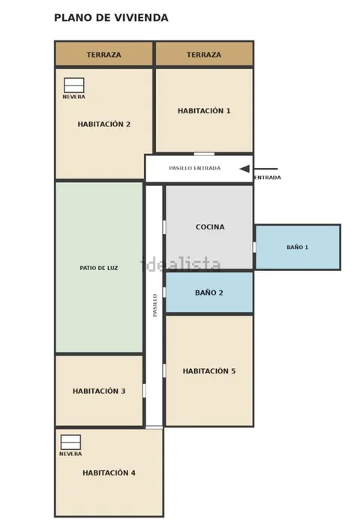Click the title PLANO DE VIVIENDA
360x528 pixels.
pyautogui.click(x=111, y=18)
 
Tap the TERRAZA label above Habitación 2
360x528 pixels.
pyautogui.click(x=103, y=55)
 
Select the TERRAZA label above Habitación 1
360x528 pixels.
pyautogui.click(x=204, y=55)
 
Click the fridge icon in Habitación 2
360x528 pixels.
pyautogui.click(x=74, y=85)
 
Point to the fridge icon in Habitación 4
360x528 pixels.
pyautogui.click(x=70, y=442)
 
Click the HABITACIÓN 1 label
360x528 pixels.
pyautogui.click(x=204, y=111)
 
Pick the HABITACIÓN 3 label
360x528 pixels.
pyautogui.click(x=99, y=391)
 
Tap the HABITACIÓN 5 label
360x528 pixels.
pyautogui.click(x=209, y=371)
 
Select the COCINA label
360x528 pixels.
pyautogui.click(x=210, y=227)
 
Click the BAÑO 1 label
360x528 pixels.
pyautogui.click(x=297, y=247)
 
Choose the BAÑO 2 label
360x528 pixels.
pyautogui.click(x=209, y=292)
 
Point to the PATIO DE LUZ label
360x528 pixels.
pyautogui.click(x=99, y=268)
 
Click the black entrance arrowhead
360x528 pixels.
pyautogui.click(x=244, y=169)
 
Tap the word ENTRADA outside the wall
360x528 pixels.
pyautogui.click(x=268, y=178)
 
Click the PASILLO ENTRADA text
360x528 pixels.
pyautogui.click(x=195, y=168)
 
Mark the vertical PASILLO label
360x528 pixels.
pyautogui.click(x=155, y=305)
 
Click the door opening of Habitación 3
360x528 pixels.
pyautogui.click(x=145, y=391)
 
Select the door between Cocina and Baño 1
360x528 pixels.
pyautogui.click(x=254, y=247)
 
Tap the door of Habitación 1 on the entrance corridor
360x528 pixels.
pyautogui.click(x=204, y=154)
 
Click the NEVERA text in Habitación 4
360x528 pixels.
pyautogui.click(x=70, y=454)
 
